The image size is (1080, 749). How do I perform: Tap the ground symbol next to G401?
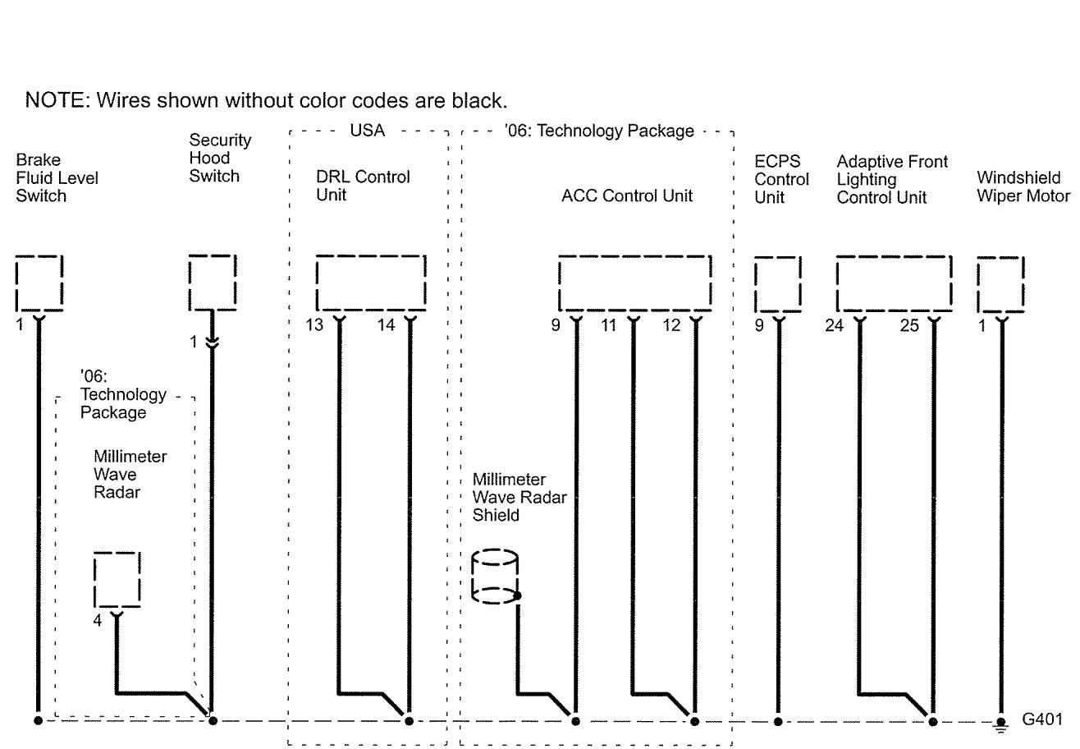1000,724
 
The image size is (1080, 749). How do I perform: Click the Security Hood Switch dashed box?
213,283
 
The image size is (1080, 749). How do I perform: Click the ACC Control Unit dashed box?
634,284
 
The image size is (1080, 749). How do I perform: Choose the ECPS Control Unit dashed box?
777,284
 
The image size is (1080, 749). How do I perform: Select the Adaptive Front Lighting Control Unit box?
894,284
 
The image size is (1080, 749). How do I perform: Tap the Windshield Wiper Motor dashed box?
1000,284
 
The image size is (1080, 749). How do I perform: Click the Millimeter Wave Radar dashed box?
117,580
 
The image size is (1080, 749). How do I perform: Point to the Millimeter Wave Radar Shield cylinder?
494,577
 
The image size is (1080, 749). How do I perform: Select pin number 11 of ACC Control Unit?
608,325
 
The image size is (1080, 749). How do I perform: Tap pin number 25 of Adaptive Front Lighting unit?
909,326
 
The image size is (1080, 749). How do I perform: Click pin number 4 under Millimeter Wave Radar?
97,621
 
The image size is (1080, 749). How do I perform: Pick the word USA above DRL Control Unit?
367,131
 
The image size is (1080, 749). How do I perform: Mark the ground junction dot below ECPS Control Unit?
777,721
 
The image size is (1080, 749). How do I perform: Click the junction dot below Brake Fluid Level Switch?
38,721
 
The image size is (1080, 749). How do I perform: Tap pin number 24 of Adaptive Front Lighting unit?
835,326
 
